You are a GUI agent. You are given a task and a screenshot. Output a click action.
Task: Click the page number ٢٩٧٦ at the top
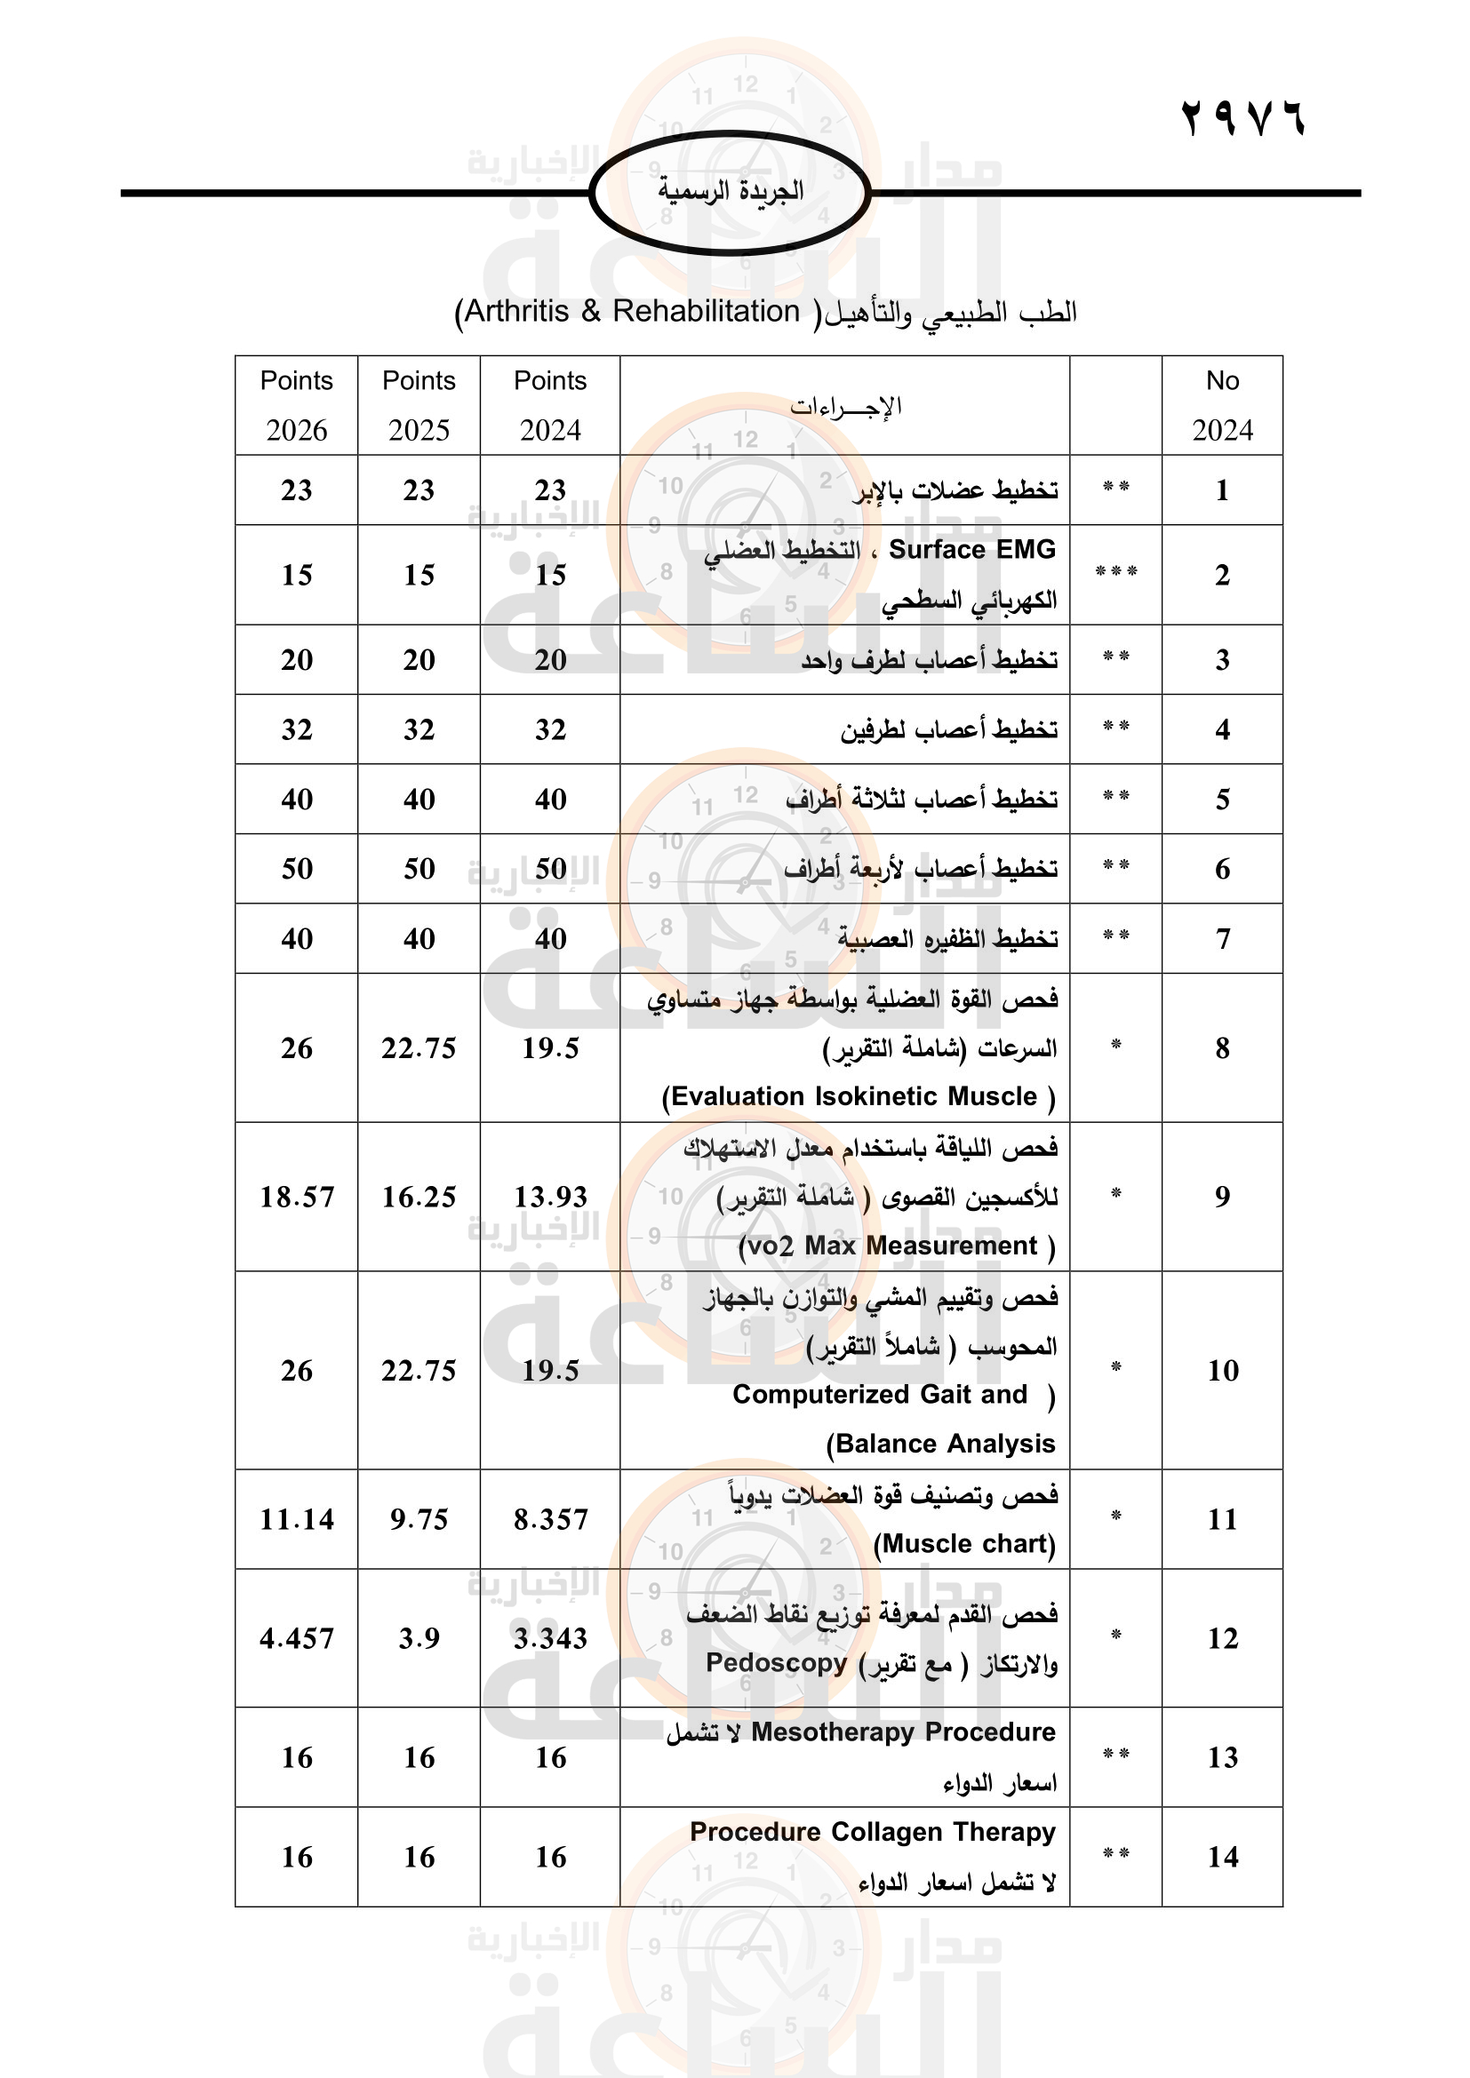pos(1242,118)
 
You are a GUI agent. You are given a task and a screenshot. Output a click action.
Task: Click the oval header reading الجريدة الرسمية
pos(730,192)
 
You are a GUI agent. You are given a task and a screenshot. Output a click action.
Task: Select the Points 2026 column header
pos(296,404)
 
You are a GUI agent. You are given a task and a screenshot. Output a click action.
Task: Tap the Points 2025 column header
pos(419,404)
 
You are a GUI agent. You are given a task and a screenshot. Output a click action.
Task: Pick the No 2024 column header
pos(1222,404)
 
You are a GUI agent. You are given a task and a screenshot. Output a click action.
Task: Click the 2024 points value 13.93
pos(550,1197)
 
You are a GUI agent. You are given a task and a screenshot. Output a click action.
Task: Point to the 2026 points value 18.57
pos(296,1197)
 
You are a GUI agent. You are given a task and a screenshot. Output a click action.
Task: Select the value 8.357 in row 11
pos(550,1518)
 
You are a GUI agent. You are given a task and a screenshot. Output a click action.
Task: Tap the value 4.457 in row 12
pos(296,1638)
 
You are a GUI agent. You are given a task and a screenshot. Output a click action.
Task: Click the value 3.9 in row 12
pos(419,1638)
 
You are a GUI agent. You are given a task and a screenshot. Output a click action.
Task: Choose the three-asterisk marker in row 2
pos(1115,573)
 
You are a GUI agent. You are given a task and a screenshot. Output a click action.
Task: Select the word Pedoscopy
pos(776,1662)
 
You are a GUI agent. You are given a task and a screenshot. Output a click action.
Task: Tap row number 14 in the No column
pos(1222,1857)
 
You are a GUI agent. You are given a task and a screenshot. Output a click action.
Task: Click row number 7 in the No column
pos(1222,938)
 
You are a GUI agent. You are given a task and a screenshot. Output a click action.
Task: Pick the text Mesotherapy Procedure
pos(902,1732)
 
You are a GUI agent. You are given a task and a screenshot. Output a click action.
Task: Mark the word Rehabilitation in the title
pos(706,311)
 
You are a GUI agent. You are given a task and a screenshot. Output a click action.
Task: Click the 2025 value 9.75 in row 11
pos(419,1518)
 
